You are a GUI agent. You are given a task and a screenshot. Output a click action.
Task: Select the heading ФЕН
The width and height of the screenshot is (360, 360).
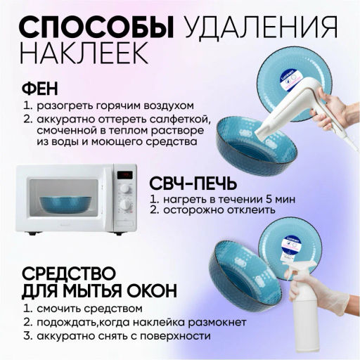pyautogui.click(x=43, y=89)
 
